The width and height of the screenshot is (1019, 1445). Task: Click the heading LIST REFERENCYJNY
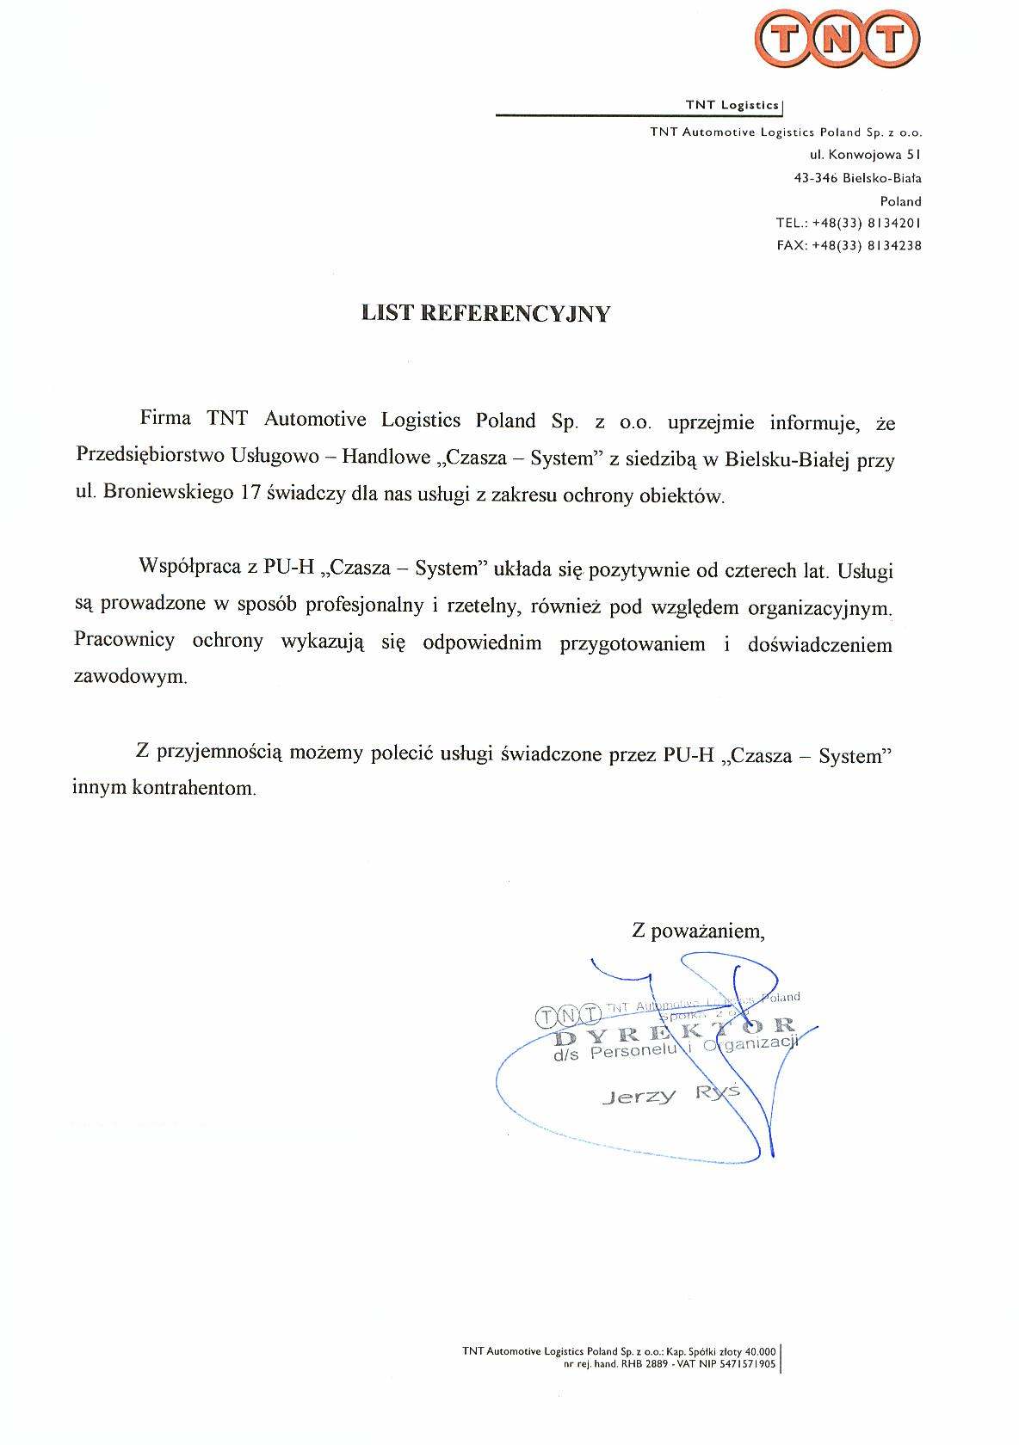(x=485, y=313)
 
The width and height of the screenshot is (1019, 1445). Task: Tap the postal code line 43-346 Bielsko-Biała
(x=857, y=178)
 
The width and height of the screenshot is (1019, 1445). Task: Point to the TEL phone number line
(x=848, y=223)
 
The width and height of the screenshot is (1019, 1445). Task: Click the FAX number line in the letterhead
(x=848, y=245)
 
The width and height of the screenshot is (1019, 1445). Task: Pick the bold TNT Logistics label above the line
(x=732, y=105)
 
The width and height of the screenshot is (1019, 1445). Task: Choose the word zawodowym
(x=130, y=676)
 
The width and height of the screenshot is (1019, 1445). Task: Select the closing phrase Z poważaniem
(x=698, y=930)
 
